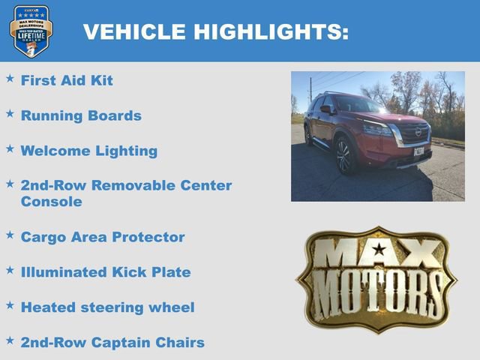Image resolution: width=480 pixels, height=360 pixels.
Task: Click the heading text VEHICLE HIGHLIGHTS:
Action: (x=215, y=31)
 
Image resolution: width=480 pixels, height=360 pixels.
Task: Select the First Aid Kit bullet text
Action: (x=67, y=80)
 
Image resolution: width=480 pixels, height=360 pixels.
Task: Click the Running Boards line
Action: (x=81, y=115)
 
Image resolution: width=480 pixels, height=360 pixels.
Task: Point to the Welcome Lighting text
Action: (x=88, y=151)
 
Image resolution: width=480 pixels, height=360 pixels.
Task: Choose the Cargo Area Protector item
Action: (x=102, y=237)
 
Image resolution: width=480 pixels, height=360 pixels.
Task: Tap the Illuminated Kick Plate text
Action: (x=105, y=272)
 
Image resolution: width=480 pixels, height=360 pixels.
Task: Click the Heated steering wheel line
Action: (x=107, y=307)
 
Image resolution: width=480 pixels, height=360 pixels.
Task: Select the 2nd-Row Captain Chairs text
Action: (x=112, y=343)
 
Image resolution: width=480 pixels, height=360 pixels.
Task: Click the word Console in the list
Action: (x=51, y=202)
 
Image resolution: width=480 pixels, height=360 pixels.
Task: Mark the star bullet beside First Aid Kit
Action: (x=10, y=78)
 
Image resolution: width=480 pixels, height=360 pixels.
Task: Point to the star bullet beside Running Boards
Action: (x=10, y=113)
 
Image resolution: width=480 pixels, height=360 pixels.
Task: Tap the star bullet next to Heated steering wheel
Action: (x=10, y=305)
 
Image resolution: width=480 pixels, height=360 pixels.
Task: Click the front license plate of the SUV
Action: (x=418, y=151)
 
